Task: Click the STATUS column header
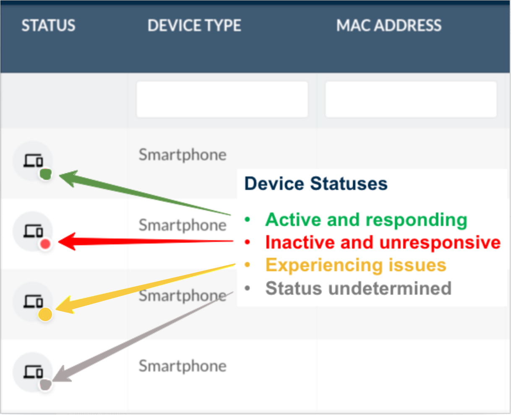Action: tap(49, 26)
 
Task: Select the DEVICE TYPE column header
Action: tap(194, 26)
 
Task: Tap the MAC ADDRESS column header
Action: tap(388, 26)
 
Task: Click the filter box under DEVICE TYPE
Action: tap(222, 99)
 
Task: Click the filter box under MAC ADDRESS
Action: tap(411, 99)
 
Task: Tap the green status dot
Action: tap(46, 174)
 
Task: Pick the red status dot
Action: tap(45, 244)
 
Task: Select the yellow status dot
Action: tap(45, 314)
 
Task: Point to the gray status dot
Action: tap(46, 385)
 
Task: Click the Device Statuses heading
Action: tap(316, 184)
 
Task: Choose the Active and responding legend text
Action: tap(366, 220)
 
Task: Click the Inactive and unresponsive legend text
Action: tap(383, 242)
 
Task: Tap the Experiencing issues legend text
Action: tap(356, 265)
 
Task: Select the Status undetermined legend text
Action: tap(358, 288)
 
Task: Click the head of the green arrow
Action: tap(59, 176)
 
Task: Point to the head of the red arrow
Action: tap(58, 241)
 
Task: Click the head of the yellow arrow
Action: tap(55, 309)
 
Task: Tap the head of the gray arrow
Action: tap(53, 381)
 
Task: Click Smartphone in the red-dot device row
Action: tap(182, 226)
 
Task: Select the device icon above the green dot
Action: tap(33, 161)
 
